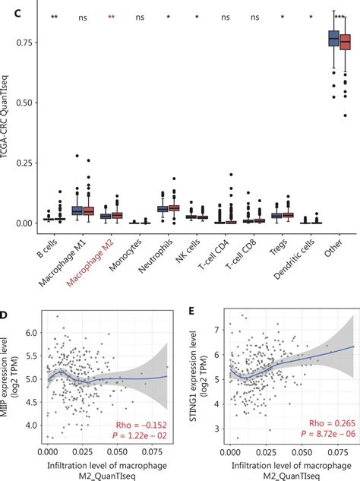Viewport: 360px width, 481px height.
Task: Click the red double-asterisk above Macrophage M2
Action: click(x=112, y=18)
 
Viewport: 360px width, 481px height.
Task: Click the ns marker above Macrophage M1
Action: click(x=83, y=17)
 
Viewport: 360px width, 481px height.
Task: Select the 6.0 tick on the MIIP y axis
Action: click(x=30, y=333)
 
